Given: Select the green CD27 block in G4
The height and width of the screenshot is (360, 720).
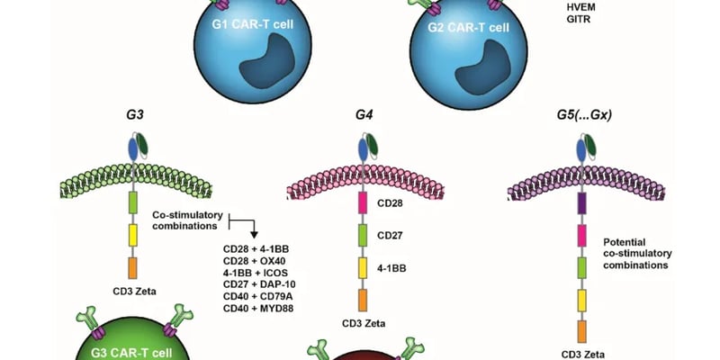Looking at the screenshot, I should pyautogui.click(x=364, y=236).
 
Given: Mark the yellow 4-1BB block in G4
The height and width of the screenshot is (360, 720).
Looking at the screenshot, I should pyautogui.click(x=364, y=266).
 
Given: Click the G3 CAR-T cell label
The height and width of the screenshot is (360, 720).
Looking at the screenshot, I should pyautogui.click(x=134, y=351).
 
